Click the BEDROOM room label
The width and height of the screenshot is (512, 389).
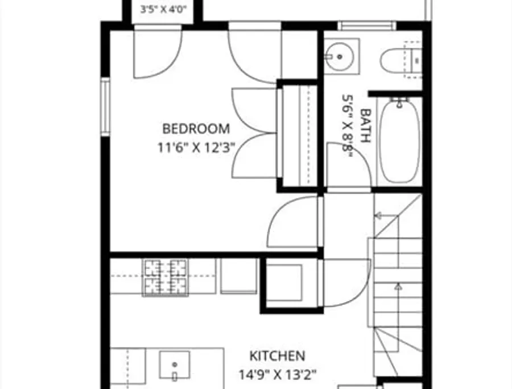point(196,129)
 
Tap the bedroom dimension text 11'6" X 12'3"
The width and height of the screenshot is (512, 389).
point(196,147)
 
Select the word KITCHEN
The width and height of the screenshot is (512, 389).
point(277,355)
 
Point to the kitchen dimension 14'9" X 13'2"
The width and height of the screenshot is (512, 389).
point(278,375)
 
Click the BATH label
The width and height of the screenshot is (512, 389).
point(365,126)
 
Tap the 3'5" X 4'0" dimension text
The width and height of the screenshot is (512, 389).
point(163,9)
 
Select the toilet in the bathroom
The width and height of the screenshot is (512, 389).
point(401,61)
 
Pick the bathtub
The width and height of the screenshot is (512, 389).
point(399,140)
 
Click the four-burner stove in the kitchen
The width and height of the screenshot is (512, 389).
point(166,278)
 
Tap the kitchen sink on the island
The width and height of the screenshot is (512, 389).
point(175,365)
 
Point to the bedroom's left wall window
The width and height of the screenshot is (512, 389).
point(105,107)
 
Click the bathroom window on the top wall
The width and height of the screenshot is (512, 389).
point(367,26)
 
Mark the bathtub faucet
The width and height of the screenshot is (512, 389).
point(399,102)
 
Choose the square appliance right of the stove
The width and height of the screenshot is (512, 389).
point(238,276)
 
